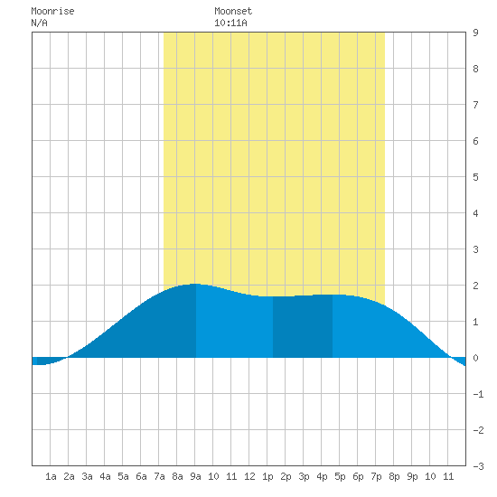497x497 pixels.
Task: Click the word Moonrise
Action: [52, 11]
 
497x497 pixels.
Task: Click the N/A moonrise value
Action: [39, 23]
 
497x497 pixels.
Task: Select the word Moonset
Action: [233, 11]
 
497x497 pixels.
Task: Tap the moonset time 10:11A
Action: [230, 23]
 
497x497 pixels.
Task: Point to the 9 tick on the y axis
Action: [475, 33]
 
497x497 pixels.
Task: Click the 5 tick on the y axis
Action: [475, 177]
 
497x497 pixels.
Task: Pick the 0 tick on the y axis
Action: [475, 358]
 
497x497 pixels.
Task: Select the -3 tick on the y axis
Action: [478, 466]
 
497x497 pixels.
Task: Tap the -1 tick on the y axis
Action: [478, 394]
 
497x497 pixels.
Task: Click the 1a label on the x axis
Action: [51, 476]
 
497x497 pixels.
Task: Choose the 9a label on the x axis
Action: [195, 476]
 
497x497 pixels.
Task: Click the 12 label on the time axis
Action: [249, 476]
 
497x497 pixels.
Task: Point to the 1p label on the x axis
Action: [267, 476]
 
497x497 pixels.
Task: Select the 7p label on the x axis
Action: [376, 476]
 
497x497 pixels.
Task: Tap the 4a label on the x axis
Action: [105, 476]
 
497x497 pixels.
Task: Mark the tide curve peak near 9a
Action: [194, 284]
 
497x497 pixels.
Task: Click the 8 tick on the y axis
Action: [475, 69]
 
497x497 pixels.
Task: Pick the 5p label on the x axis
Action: [340, 476]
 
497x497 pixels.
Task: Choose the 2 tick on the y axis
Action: [475, 286]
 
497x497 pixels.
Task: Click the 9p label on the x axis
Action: [412, 476]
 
